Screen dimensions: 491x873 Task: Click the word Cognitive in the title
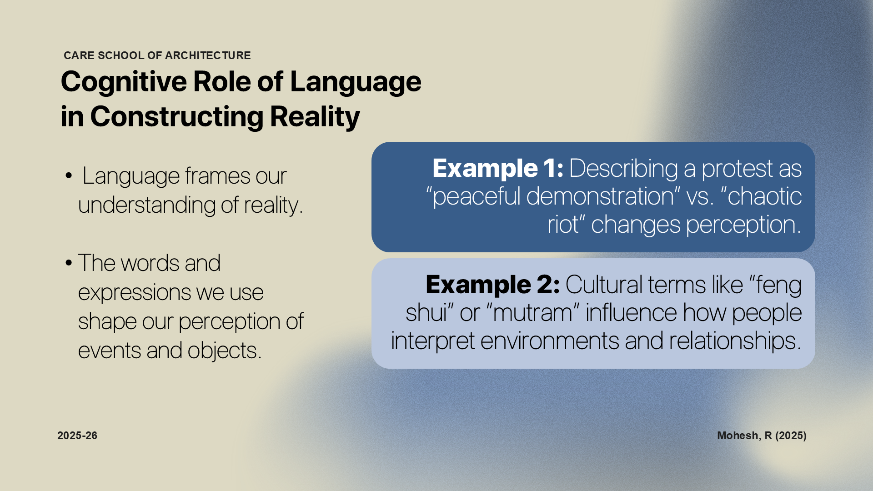coord(123,82)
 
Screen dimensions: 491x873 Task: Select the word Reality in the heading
coord(315,117)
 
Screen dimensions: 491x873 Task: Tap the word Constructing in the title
coord(176,117)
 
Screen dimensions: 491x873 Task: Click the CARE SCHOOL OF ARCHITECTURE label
coord(157,55)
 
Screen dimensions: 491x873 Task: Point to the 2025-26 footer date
coord(77,436)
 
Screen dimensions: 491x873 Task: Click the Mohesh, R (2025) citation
coord(762,436)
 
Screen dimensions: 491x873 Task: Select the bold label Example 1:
coord(498,168)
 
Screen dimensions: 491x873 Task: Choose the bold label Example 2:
coord(492,285)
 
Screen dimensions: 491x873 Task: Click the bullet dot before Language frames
coord(69,175)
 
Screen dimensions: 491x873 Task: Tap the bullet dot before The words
coord(69,263)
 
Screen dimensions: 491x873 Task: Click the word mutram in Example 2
coord(533,313)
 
